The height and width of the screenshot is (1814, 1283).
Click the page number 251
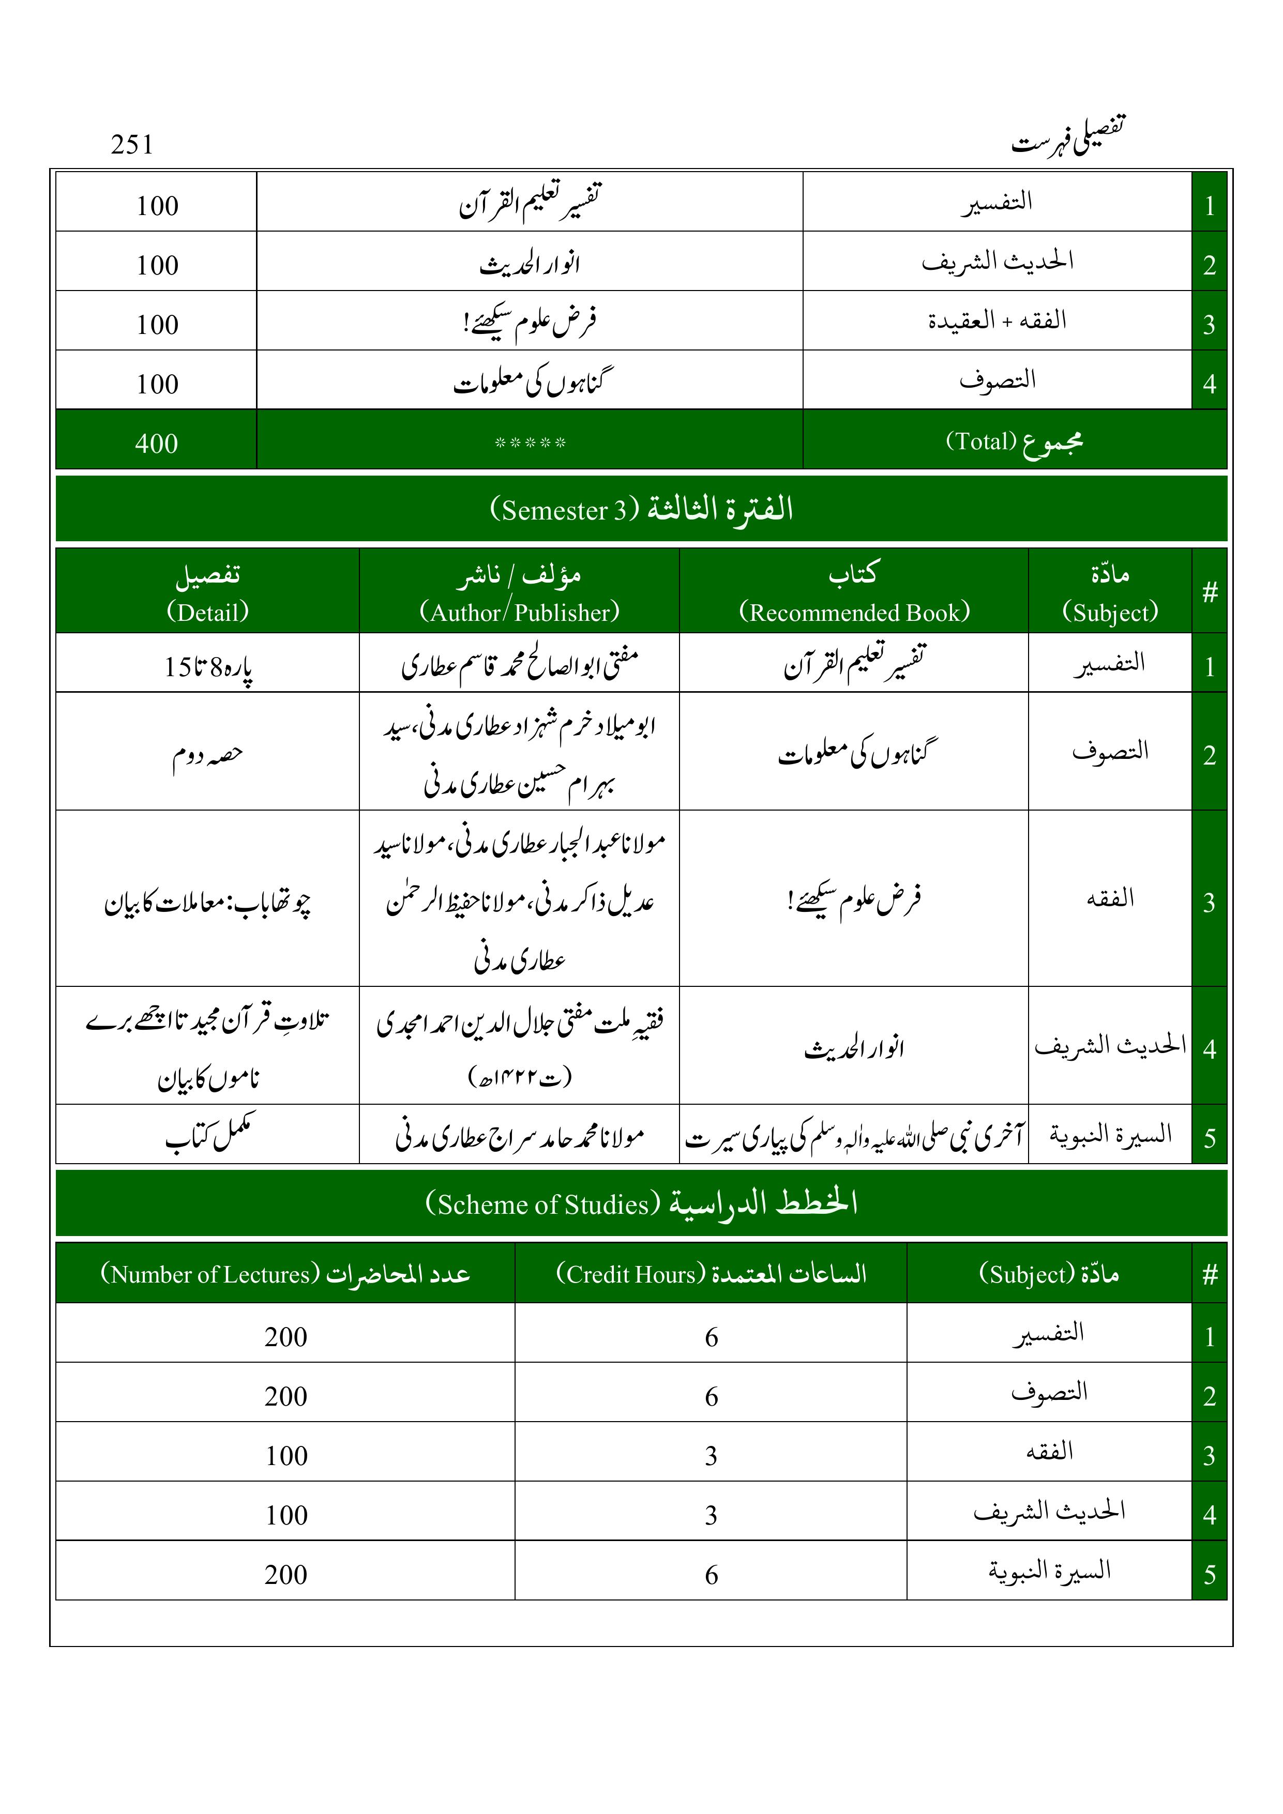pos(132,145)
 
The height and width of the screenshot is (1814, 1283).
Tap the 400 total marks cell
pos(157,443)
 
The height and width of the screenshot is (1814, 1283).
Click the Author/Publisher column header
pos(519,592)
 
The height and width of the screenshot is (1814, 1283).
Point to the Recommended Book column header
pos(854,592)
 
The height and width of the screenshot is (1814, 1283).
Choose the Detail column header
pos(207,592)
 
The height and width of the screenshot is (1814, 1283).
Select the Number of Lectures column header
pos(285,1274)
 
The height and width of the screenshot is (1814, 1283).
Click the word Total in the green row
pos(981,441)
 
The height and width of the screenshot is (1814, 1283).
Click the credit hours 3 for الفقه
pos(711,1455)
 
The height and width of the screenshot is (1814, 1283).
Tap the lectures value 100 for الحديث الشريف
pos(286,1515)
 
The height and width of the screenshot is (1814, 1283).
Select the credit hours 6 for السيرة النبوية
pos(711,1575)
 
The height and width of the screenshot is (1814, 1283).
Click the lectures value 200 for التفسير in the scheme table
pos(286,1337)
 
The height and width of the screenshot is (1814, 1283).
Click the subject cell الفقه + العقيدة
pos(997,321)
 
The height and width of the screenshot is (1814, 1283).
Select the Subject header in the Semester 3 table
pos(1110,592)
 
